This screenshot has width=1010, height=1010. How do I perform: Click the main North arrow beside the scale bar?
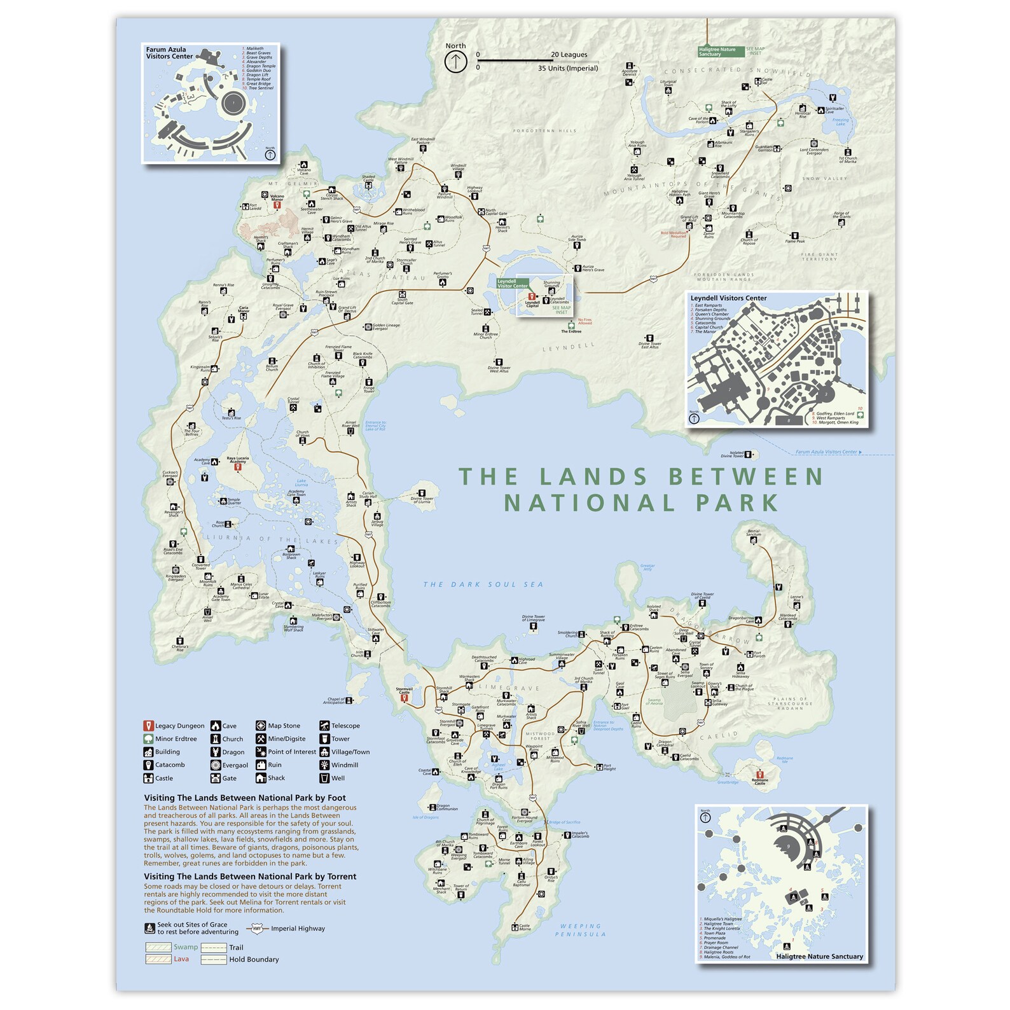[455, 62]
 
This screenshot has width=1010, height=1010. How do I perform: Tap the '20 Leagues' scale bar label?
[569, 55]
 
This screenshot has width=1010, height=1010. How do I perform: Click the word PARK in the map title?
[738, 503]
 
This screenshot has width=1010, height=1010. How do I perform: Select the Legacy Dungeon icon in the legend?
[148, 726]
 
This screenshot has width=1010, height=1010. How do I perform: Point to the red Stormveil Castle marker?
[403, 698]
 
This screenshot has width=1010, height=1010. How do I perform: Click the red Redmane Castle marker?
[759, 775]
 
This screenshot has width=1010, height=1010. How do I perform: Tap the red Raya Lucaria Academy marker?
[238, 467]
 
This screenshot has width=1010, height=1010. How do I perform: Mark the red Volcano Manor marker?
[277, 205]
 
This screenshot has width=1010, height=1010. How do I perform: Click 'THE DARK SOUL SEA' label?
[483, 585]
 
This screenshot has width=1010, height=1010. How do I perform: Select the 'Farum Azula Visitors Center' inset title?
[169, 53]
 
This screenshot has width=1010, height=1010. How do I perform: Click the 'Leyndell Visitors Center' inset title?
[728, 298]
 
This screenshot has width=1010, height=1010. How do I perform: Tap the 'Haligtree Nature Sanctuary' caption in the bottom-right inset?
[819, 956]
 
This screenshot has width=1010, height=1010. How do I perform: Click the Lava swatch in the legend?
[158, 959]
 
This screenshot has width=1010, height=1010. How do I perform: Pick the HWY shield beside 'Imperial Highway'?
[257, 929]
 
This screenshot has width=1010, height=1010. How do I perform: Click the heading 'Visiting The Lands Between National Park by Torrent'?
[250, 876]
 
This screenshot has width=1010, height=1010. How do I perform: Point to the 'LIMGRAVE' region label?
[509, 688]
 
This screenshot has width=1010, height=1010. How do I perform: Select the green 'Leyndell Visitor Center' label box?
[513, 284]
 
